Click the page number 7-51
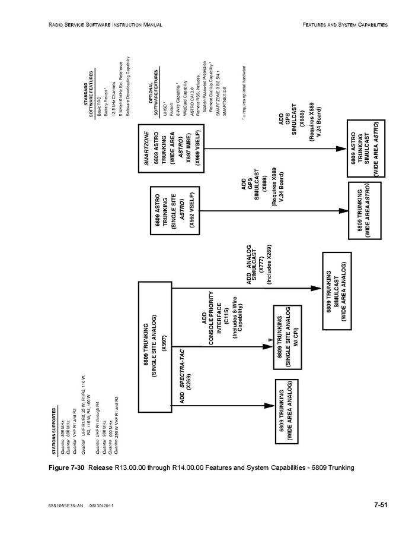[x=380, y=505]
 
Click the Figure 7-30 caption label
[x=66, y=467]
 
